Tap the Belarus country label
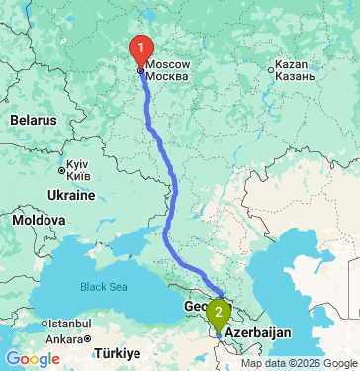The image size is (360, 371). click(34, 119)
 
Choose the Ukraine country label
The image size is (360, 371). click(69, 196)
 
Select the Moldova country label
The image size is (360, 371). click(40, 219)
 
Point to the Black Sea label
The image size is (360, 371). click(105, 287)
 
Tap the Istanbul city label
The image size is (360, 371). click(70, 324)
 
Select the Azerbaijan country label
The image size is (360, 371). click(259, 333)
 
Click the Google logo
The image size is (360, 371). click(33, 358)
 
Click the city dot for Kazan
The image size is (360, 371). click(273, 69)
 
